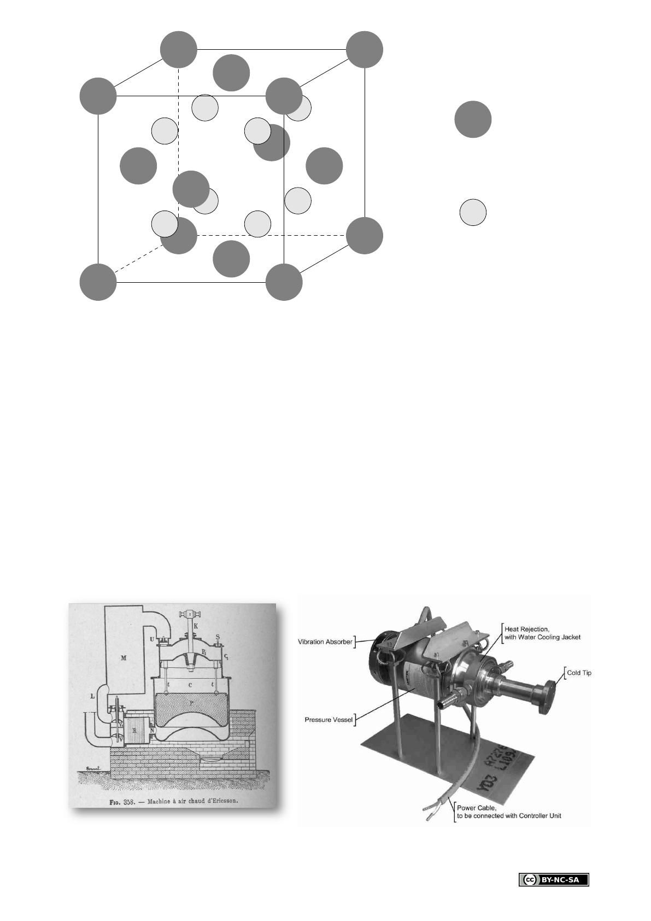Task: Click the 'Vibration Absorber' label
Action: pyautogui.click(x=326, y=642)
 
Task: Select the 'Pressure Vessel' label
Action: pyautogui.click(x=328, y=720)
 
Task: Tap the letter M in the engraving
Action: pyautogui.click(x=124, y=658)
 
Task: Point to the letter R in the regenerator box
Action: pyautogui.click(x=134, y=730)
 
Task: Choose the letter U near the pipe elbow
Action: pyautogui.click(x=151, y=639)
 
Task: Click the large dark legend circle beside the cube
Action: pyautogui.click(x=473, y=119)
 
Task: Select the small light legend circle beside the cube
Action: pyautogui.click(x=473, y=213)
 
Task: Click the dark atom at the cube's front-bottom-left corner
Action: pyautogui.click(x=98, y=282)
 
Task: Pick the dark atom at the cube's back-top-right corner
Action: pyautogui.click(x=365, y=50)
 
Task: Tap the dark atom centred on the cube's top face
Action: pyautogui.click(x=231, y=73)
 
